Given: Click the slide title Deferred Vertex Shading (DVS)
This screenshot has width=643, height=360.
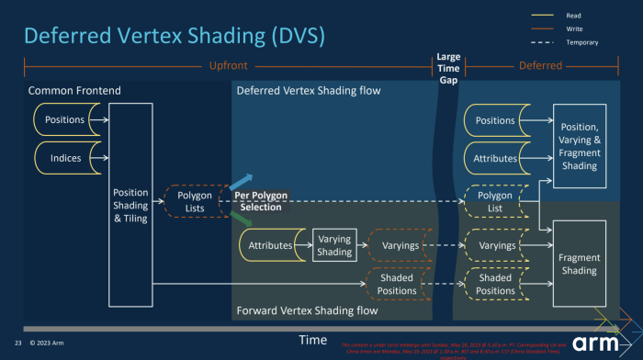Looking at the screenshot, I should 174,36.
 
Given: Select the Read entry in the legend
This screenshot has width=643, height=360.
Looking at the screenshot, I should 573,15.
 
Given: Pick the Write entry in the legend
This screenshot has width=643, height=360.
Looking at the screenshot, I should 574,28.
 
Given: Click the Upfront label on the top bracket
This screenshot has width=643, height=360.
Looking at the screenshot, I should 229,66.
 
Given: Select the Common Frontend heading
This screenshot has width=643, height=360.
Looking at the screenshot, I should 74,91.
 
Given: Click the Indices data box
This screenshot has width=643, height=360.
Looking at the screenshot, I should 66,157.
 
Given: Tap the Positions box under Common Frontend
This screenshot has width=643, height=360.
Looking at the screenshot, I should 65,119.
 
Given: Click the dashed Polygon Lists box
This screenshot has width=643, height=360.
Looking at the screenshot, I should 194,202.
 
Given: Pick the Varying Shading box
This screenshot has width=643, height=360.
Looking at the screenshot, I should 334,245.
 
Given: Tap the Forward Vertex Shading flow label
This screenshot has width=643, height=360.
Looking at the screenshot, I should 307,309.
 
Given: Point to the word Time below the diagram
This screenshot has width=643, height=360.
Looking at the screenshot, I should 312,340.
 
